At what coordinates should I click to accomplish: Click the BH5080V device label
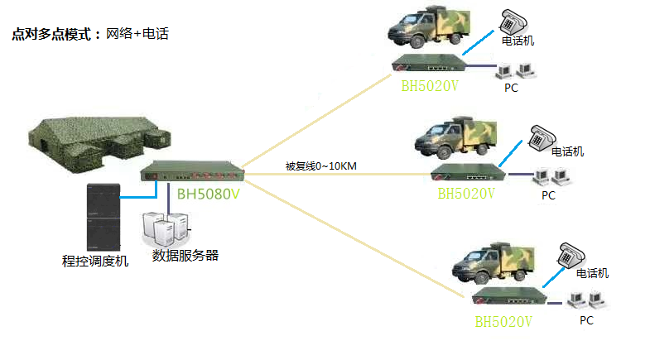pyautogui.click(x=209, y=195)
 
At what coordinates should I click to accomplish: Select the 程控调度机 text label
pyautogui.click(x=95, y=261)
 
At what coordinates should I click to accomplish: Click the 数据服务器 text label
pyautogui.click(x=185, y=255)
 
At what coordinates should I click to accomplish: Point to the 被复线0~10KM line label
pyautogui.click(x=320, y=166)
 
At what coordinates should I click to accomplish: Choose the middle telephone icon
pyautogui.click(x=543, y=137)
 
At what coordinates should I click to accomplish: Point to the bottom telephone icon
pyautogui.click(x=571, y=253)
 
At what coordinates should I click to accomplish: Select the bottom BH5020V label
pyautogui.click(x=503, y=320)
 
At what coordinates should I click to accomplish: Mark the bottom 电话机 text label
pyautogui.click(x=593, y=273)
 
